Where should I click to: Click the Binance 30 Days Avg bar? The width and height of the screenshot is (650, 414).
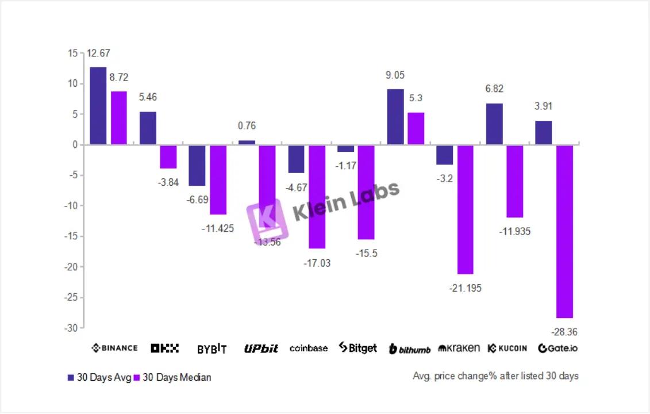(98, 106)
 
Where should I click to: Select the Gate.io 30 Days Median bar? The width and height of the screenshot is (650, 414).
(564, 231)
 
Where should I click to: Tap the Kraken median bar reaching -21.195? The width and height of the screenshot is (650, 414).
(465, 209)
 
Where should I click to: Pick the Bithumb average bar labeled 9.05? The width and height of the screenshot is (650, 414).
(395, 117)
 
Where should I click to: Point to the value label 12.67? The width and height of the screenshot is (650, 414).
(98, 53)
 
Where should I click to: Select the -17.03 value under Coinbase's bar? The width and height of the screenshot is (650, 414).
(317, 263)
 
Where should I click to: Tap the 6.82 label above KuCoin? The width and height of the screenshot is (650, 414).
(494, 89)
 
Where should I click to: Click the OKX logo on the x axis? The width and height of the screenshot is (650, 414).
(165, 348)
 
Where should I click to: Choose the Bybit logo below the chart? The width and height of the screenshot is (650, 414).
(211, 348)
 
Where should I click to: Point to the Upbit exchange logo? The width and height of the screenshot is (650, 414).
(261, 348)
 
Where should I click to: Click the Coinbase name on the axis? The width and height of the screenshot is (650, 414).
(309, 348)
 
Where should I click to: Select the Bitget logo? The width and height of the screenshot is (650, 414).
(357, 348)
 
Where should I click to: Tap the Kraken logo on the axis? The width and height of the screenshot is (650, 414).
(459, 348)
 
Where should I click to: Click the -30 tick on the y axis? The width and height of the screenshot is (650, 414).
(71, 328)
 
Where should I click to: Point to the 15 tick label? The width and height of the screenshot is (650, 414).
(72, 53)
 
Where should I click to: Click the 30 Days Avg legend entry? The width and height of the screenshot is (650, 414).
(99, 378)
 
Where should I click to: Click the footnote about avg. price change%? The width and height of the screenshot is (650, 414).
(495, 376)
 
